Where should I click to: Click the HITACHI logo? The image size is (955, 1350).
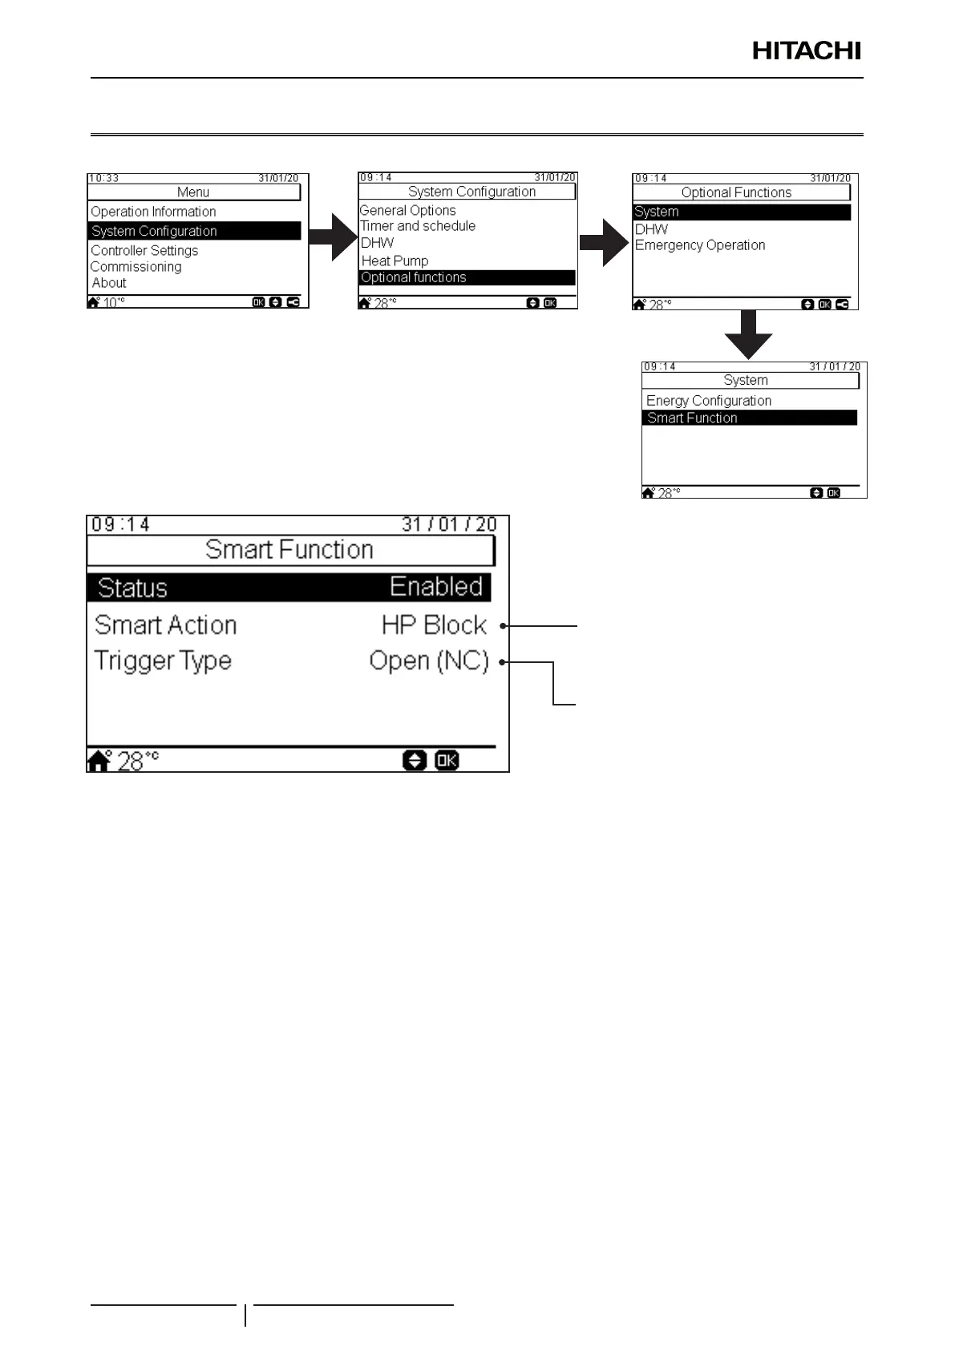point(806,51)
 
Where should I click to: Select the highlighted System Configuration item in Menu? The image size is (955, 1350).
point(154,231)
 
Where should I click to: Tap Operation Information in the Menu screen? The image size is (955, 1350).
point(153,212)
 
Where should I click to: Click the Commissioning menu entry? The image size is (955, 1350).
point(136,267)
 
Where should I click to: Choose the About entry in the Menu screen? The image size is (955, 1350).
point(109,283)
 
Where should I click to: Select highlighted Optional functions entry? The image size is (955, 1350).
point(414,277)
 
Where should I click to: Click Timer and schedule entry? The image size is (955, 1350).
point(418,226)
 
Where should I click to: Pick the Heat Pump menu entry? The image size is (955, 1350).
point(395,261)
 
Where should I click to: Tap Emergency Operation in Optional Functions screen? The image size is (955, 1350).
point(700,245)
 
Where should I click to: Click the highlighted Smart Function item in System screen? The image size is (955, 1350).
point(692,418)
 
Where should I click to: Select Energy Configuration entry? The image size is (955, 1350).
point(709,400)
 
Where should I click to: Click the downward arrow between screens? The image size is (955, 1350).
point(748,335)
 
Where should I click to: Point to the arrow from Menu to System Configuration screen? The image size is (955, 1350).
point(333,237)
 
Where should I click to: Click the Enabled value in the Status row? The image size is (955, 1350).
point(436,587)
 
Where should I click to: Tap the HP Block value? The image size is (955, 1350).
point(434,625)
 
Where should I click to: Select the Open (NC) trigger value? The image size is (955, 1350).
point(429,661)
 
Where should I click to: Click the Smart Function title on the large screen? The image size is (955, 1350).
point(289,550)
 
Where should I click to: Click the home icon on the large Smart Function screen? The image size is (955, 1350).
point(99,760)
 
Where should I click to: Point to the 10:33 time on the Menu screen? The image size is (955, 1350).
point(103,178)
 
